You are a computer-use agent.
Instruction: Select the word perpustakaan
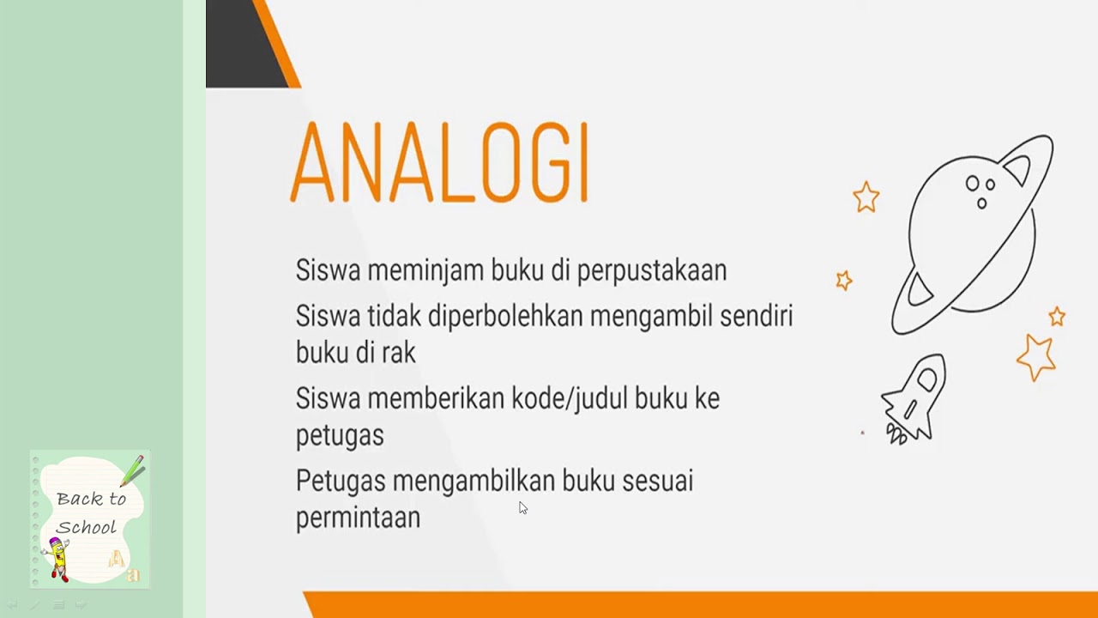(x=651, y=270)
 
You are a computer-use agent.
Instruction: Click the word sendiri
(x=756, y=316)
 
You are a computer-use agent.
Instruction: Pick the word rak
(x=400, y=352)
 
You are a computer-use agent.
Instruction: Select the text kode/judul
(x=578, y=398)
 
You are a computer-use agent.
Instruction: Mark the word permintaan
(x=358, y=518)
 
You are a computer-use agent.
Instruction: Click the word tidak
(x=395, y=316)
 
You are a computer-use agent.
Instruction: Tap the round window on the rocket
(x=927, y=379)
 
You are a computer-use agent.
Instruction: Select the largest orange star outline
(x=1035, y=356)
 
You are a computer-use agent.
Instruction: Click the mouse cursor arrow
(x=522, y=507)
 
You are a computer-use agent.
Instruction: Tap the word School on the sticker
(x=87, y=527)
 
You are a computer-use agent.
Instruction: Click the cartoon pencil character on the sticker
(x=59, y=558)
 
